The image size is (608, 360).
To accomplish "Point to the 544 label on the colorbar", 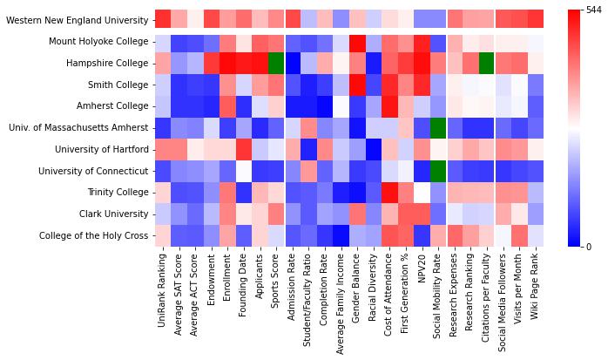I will point(595,10).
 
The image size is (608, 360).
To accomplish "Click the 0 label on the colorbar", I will point(590,248).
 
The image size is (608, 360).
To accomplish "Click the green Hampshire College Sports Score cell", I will point(276,63).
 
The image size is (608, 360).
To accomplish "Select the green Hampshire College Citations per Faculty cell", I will point(487,63).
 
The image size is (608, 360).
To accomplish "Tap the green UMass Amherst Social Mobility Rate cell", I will point(438,128).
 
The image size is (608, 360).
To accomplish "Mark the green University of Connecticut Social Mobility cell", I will point(438,171).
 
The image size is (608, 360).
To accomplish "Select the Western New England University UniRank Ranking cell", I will point(163,19).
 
